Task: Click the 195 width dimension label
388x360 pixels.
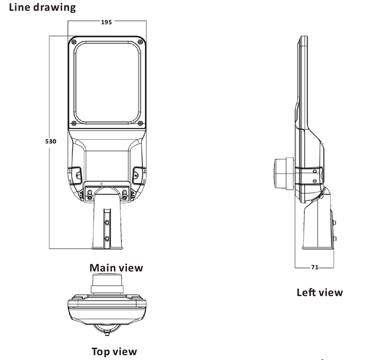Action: pos(107,22)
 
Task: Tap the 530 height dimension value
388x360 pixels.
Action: pos(51,142)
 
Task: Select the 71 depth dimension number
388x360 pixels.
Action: pos(314,267)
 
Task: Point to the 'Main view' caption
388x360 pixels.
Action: pos(116,267)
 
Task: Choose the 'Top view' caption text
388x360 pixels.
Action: pos(114,351)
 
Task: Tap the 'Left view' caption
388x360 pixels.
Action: pos(319,292)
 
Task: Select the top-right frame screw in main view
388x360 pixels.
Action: pos(141,41)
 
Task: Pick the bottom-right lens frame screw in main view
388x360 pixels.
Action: pos(141,122)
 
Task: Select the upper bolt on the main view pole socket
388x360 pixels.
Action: pos(107,222)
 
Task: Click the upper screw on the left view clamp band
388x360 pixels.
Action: pos(316,171)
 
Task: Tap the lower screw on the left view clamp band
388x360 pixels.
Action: pos(316,181)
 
